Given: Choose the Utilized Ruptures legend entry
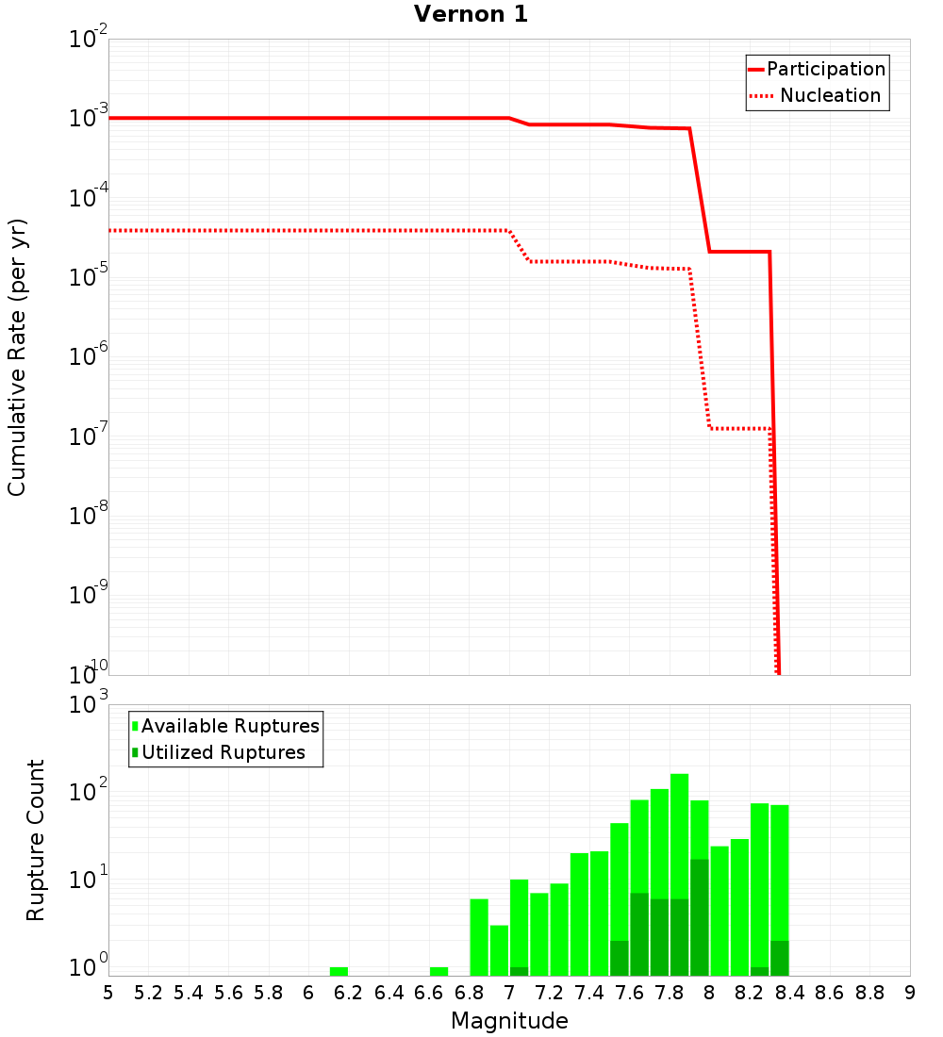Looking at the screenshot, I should (223, 752).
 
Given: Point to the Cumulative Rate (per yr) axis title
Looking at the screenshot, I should (17, 356).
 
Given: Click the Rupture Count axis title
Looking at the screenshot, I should (36, 839).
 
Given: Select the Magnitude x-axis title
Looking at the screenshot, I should (509, 1021).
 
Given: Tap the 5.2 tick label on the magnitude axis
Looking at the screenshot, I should (148, 993).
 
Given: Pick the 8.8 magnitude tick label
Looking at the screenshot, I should (869, 993).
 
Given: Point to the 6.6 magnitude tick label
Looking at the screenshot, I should (429, 993).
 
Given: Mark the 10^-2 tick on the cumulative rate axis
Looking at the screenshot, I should (90, 40).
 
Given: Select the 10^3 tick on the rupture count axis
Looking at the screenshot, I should (90, 704).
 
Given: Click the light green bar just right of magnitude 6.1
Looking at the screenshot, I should (339, 971).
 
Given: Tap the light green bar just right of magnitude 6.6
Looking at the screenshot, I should (438, 971).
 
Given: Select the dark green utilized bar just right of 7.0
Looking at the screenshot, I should (519, 971).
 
